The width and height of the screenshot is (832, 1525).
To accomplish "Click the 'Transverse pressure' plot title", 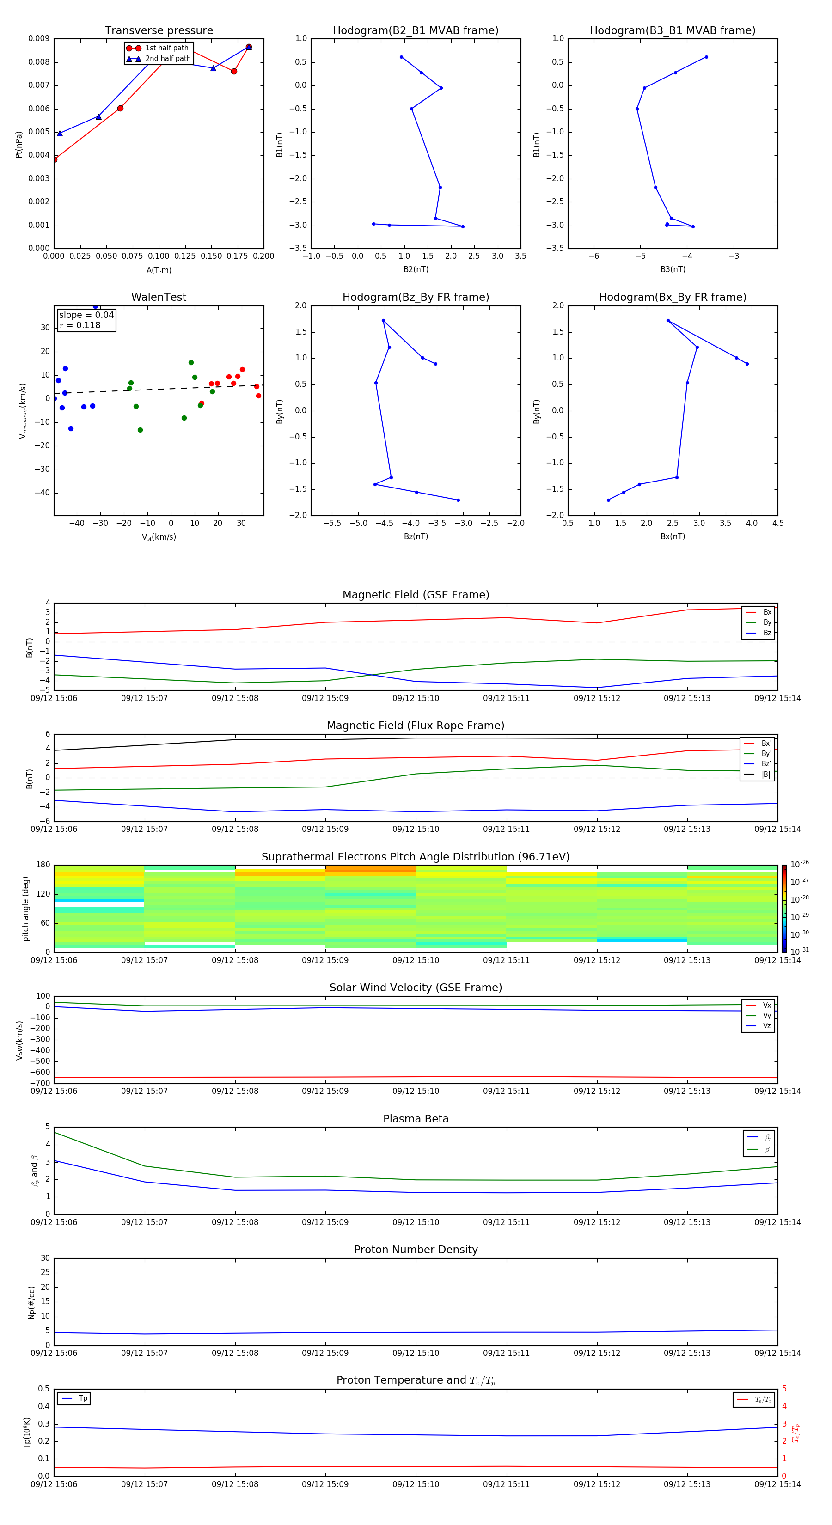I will pos(159,31).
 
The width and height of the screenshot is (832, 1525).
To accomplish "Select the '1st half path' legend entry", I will pos(166,48).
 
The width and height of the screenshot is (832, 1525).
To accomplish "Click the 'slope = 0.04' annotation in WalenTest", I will pos(86,315).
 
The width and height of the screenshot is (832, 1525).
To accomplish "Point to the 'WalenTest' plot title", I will pos(159,297).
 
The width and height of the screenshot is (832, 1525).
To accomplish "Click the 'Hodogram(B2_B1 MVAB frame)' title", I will pos(415,31).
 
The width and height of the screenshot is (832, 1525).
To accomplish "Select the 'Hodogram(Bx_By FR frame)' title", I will pos(672,297).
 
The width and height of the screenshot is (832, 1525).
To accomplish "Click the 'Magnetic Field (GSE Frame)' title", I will pos(416,595).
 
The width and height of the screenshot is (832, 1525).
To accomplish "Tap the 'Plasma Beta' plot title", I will pos(416,1119).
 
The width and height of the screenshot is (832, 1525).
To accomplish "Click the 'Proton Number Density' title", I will pos(416,1250).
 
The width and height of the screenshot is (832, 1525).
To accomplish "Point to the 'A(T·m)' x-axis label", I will pos(159,270).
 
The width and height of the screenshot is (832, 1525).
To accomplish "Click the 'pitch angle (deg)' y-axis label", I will pos(25,908).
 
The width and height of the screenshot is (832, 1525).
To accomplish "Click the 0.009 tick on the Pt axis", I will pos(39,38).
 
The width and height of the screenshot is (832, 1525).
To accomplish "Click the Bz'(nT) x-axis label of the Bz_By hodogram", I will pos(416,537).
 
